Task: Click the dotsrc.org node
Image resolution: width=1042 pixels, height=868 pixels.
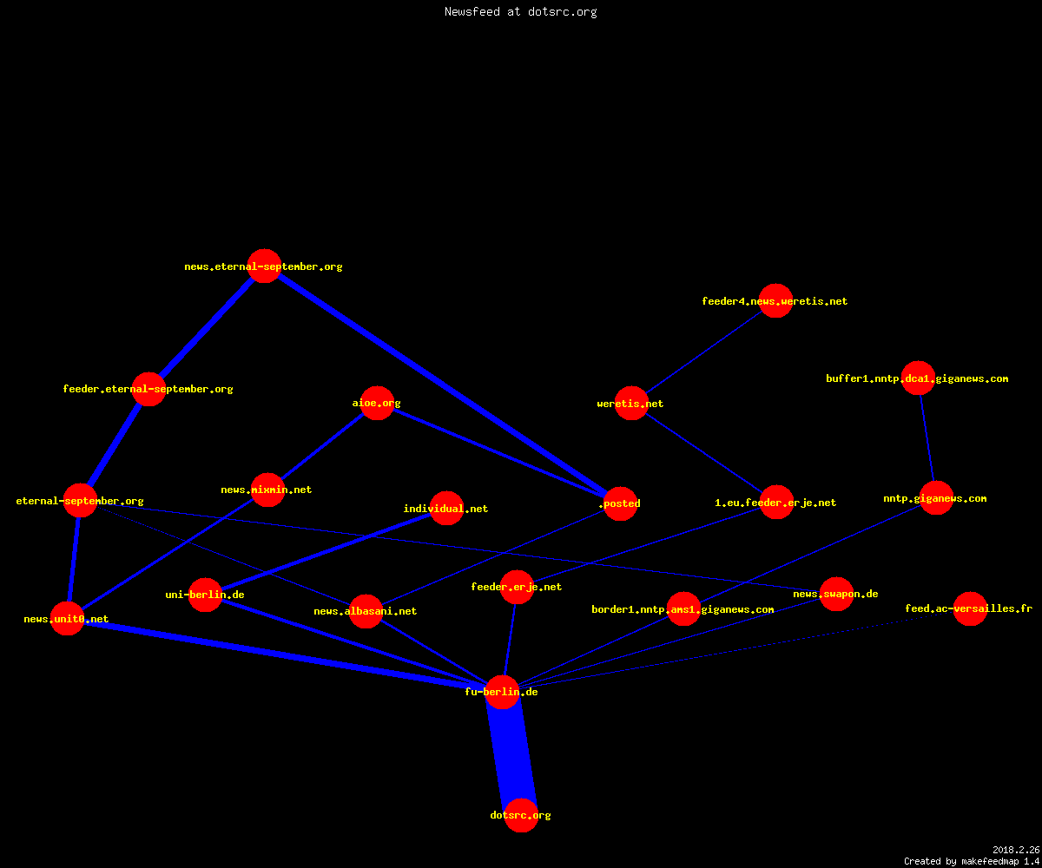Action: point(521,815)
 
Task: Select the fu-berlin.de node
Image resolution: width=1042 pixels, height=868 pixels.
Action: point(502,692)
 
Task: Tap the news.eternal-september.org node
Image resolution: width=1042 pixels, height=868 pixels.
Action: point(264,266)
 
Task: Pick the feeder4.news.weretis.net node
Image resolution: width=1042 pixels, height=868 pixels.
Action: point(775,301)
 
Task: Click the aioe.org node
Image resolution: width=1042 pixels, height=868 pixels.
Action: point(377,403)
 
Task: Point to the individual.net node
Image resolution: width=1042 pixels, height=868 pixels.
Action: point(446,509)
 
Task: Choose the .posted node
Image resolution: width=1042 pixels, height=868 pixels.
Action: point(620,503)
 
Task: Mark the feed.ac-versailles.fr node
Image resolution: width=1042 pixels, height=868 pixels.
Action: point(970,608)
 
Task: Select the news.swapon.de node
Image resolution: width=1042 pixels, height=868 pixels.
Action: point(836,594)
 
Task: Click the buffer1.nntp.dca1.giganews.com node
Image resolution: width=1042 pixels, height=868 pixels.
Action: point(918,378)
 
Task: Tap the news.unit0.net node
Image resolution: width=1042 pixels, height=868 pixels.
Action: point(68,619)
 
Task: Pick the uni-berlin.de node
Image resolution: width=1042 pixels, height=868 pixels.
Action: point(205,595)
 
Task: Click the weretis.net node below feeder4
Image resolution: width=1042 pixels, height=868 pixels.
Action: point(631,403)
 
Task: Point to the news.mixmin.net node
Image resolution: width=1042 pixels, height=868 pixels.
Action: point(268,490)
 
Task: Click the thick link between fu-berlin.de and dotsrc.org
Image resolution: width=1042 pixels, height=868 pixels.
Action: point(511,753)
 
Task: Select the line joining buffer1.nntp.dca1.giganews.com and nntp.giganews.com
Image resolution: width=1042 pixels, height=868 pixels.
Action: point(927,438)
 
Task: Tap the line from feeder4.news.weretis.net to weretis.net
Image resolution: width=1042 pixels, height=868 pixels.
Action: point(703,352)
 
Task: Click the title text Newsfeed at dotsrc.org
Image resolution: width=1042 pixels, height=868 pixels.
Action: point(520,11)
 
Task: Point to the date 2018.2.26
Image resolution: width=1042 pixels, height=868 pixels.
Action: point(1016,850)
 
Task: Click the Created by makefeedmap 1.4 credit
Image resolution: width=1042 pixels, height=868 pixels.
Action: point(972,861)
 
